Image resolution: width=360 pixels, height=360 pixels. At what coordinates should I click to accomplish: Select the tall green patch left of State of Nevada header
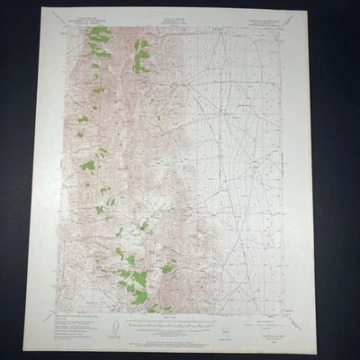click(x=141, y=56)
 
